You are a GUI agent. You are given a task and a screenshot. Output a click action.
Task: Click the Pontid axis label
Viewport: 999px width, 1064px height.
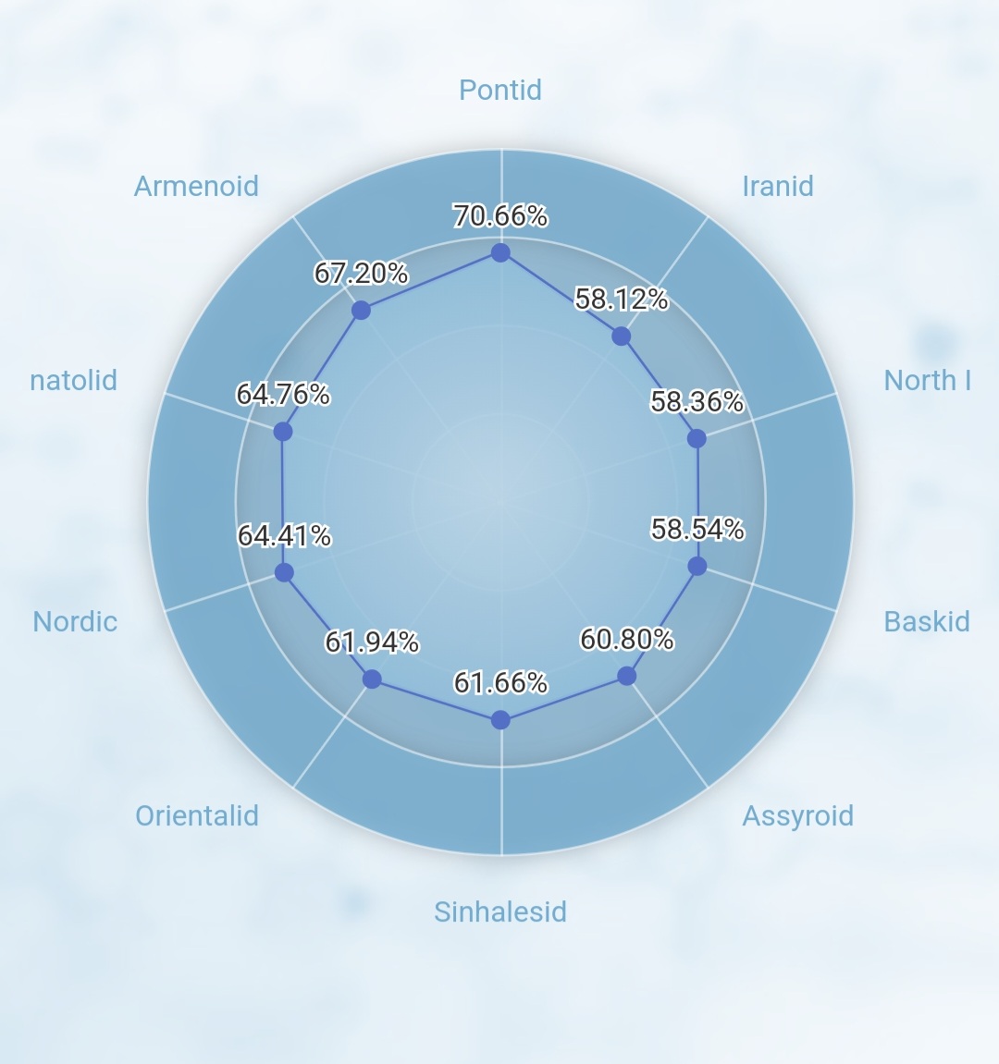click(x=500, y=91)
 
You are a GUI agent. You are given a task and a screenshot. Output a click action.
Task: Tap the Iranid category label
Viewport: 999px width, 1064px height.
click(x=778, y=187)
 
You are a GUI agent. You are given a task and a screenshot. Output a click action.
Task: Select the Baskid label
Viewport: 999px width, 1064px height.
click(x=926, y=621)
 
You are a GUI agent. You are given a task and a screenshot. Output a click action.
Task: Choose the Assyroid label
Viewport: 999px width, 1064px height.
click(x=798, y=816)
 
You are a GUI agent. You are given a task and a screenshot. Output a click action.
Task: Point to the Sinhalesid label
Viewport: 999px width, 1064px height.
click(x=500, y=912)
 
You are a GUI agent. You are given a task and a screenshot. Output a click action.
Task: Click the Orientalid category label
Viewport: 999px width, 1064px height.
click(x=197, y=815)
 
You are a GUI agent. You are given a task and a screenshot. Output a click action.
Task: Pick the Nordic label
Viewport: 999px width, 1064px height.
click(x=75, y=621)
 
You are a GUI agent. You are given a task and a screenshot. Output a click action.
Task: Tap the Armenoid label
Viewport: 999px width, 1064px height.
click(x=196, y=187)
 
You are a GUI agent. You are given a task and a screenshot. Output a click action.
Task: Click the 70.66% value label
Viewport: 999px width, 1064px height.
click(x=500, y=215)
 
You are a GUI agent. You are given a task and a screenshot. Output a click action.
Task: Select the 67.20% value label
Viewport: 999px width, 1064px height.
click(x=361, y=273)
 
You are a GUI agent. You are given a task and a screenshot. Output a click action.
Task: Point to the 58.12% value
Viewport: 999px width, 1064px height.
click(x=622, y=299)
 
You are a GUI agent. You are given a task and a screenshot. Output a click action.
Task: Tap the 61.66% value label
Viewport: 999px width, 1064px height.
click(x=500, y=682)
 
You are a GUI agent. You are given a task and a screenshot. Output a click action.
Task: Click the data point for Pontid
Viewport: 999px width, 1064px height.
click(x=500, y=252)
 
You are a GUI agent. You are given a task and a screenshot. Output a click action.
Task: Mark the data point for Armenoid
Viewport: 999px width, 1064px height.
click(x=361, y=310)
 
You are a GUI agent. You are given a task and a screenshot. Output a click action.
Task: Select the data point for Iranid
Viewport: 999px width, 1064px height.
click(x=621, y=336)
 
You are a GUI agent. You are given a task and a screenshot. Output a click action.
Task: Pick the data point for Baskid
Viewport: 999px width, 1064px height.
click(x=697, y=566)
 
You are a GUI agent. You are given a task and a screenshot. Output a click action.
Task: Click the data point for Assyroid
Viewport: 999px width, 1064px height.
click(x=627, y=676)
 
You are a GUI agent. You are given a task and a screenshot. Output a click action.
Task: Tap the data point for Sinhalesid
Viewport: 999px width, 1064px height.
click(x=500, y=720)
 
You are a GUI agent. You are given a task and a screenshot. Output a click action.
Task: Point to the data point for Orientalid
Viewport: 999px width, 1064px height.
click(x=372, y=679)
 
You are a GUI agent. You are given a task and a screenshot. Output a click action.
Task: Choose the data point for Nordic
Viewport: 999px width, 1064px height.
click(x=284, y=573)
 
